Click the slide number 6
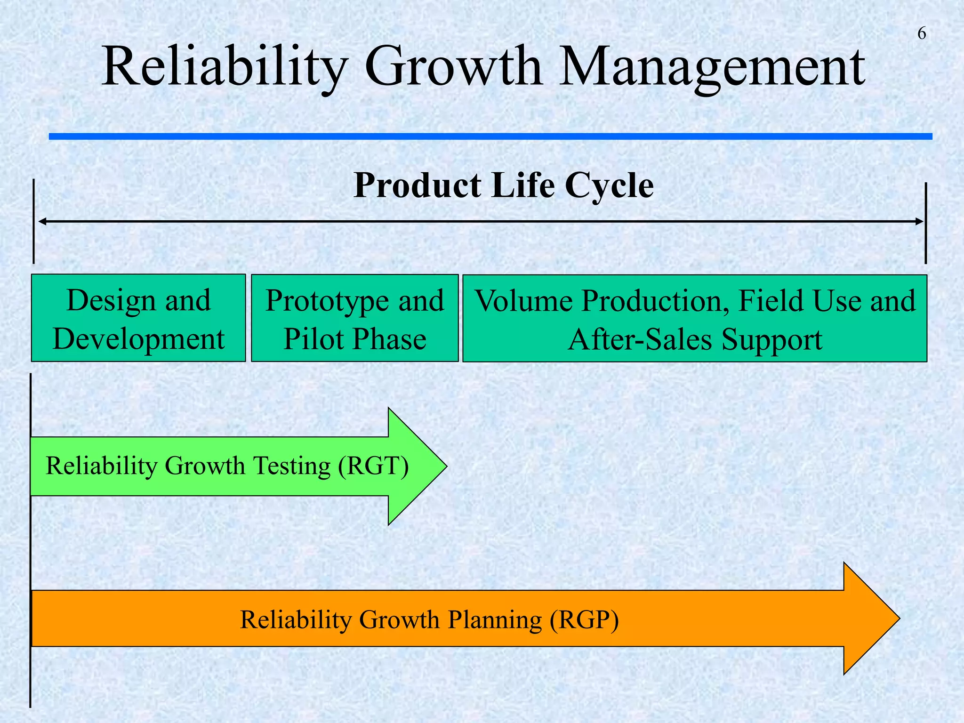(x=922, y=34)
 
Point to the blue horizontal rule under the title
(x=490, y=137)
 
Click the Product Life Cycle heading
(x=503, y=185)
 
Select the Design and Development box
(x=138, y=318)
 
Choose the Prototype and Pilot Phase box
(x=354, y=318)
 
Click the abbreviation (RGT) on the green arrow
(x=373, y=466)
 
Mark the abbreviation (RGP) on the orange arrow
(x=584, y=619)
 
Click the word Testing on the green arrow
(x=292, y=466)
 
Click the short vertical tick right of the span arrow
(x=925, y=224)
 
